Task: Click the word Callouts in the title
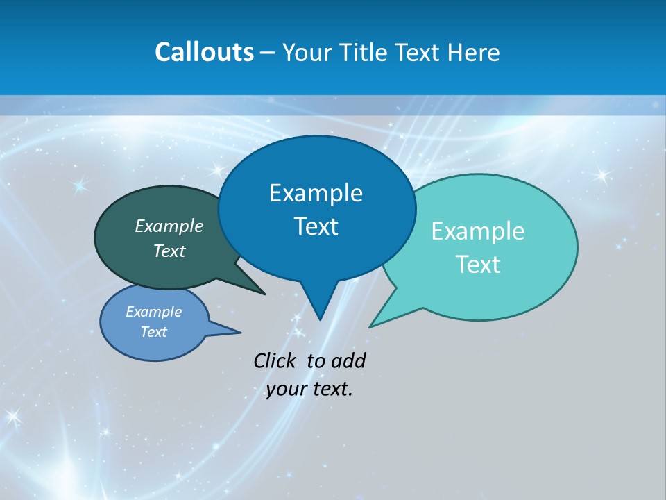tap(204, 53)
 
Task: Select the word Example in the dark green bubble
tap(169, 226)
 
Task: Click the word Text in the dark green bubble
tap(169, 251)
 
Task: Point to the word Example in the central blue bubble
tap(316, 193)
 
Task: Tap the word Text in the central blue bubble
tap(316, 226)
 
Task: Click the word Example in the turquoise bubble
tap(478, 231)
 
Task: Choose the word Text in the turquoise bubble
tap(478, 265)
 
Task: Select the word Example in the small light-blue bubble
tap(154, 312)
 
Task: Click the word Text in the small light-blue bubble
tap(154, 332)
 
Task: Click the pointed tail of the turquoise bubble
tap(372, 325)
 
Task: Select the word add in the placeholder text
tap(348, 361)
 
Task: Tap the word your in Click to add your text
tap(284, 389)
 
